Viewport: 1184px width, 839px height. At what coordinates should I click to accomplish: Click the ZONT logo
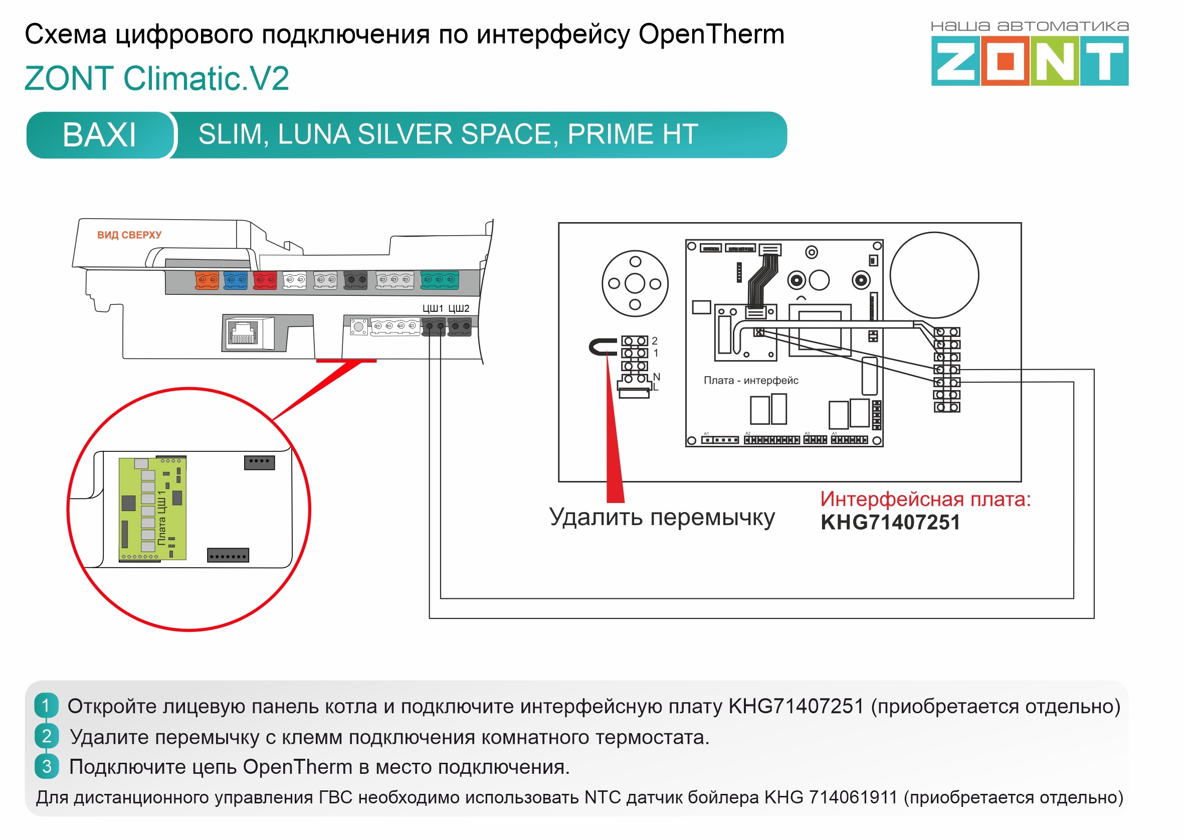click(x=1030, y=54)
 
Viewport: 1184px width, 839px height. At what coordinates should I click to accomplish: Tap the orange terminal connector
click(x=207, y=280)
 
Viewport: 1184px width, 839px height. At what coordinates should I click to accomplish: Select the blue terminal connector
click(x=236, y=280)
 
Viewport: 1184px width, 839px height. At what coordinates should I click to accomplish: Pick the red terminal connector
click(x=265, y=280)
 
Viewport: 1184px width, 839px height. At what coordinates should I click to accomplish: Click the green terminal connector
click(x=440, y=279)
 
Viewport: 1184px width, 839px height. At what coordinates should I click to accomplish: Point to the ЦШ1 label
click(x=433, y=308)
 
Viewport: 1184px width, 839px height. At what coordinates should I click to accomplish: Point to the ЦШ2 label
click(x=459, y=308)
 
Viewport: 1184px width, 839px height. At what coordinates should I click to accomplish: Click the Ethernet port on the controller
click(x=243, y=333)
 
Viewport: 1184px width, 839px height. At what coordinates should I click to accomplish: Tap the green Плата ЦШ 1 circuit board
click(x=152, y=509)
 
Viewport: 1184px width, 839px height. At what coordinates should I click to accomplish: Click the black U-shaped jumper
click(x=602, y=347)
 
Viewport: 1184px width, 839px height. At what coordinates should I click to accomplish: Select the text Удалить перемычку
click(x=662, y=517)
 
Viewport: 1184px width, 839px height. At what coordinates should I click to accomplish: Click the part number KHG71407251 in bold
click(x=890, y=523)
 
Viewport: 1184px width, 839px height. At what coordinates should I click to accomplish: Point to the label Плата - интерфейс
click(x=751, y=381)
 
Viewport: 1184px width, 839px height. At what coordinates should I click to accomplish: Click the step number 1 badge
click(x=47, y=706)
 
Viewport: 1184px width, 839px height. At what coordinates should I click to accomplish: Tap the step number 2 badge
click(x=47, y=736)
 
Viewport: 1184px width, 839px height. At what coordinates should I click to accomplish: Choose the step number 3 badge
click(x=47, y=767)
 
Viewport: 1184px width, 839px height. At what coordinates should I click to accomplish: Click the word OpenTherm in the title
click(x=711, y=35)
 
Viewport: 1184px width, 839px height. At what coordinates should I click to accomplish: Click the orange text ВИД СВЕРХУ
click(x=129, y=235)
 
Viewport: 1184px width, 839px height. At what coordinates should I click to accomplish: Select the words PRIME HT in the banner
click(x=633, y=134)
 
